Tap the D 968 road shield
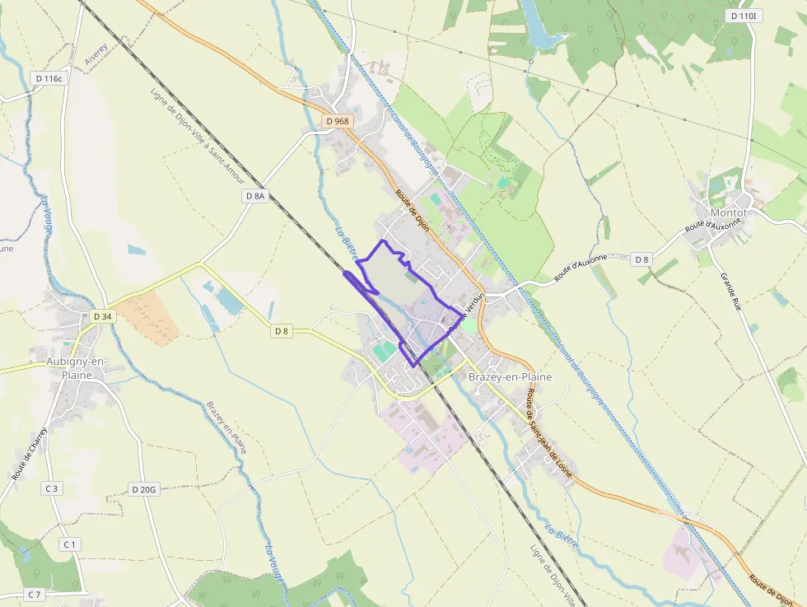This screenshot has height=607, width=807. pos(338,121)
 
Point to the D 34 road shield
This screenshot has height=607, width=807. pos(102,316)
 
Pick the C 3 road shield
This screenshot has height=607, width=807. pos(52,488)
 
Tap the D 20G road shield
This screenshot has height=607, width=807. pos(143,489)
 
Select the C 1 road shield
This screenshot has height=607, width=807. pos(69,544)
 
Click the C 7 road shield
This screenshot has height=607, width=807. pos(35,594)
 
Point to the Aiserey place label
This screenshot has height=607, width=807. pos(96,54)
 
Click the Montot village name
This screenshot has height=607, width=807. pos(728,212)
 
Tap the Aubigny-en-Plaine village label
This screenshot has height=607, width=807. pos(70,368)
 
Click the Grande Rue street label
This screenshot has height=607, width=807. pos(735,291)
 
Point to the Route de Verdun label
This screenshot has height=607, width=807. pos(466,313)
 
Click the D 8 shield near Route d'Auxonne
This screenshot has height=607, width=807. pos(641,259)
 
